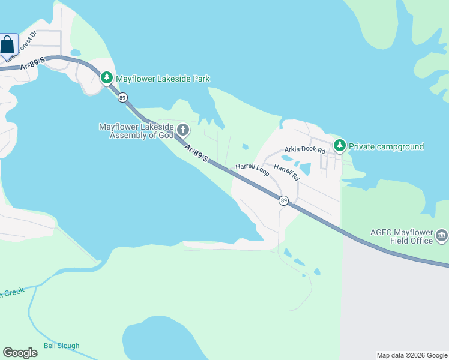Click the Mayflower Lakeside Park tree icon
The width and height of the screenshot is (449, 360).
point(107,78)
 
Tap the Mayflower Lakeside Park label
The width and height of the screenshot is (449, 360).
point(163,79)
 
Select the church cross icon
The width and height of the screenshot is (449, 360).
point(183,130)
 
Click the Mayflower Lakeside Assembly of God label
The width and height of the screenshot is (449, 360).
point(136,131)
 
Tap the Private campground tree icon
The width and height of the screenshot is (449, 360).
point(340,146)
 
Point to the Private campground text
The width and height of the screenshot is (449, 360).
point(386,146)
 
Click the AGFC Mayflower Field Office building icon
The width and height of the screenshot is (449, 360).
point(442,235)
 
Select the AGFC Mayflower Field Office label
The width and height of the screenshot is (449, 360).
point(402,236)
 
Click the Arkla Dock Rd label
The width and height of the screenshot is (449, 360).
point(304,149)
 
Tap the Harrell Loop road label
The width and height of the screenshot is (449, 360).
point(252,169)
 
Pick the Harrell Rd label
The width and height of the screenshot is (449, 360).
point(286,172)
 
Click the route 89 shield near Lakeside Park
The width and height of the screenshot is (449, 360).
point(122,97)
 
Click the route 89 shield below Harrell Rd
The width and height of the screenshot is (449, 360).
point(283,200)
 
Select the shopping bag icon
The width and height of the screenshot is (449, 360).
point(8,44)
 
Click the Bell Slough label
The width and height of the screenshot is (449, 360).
point(61,346)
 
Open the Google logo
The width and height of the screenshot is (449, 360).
point(20,353)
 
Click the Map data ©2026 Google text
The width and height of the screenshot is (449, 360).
point(412,355)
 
